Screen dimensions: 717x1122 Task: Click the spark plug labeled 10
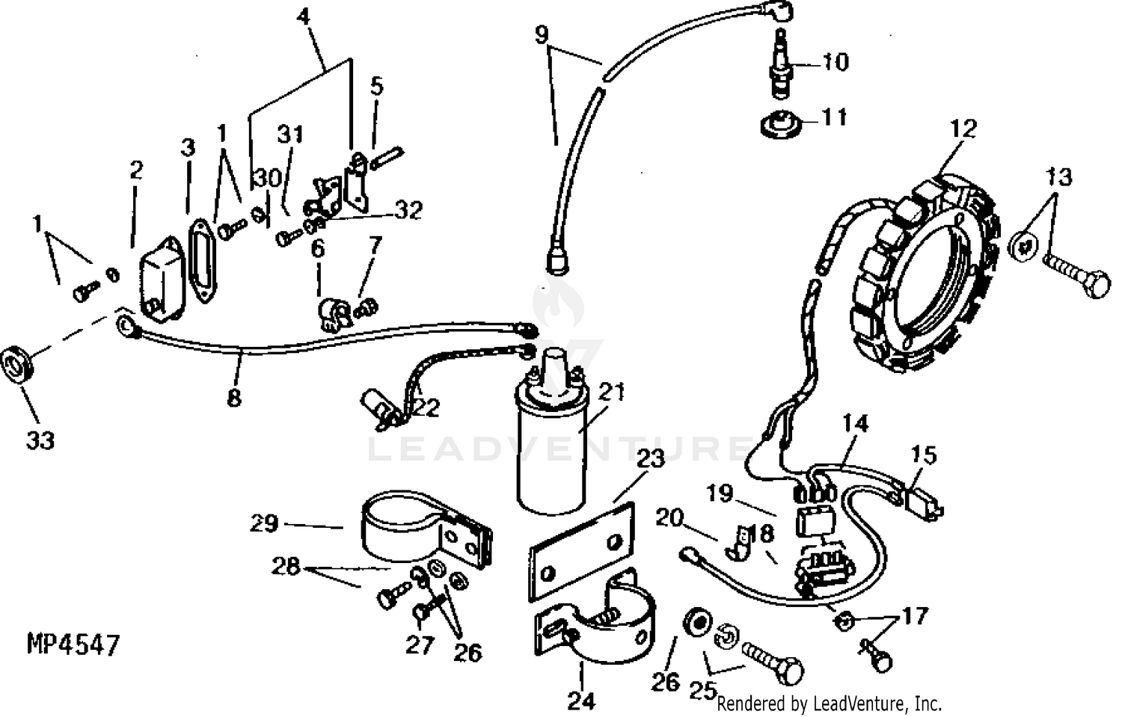(781, 67)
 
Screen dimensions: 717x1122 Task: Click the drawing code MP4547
(73, 644)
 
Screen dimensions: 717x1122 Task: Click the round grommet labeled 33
(16, 366)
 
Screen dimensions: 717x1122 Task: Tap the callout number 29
(264, 523)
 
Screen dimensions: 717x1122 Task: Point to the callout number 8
(234, 397)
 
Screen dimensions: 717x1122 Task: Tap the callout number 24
(581, 701)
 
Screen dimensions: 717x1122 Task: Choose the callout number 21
(611, 392)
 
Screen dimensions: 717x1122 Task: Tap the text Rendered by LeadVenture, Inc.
(829, 704)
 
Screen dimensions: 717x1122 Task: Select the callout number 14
(855, 423)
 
